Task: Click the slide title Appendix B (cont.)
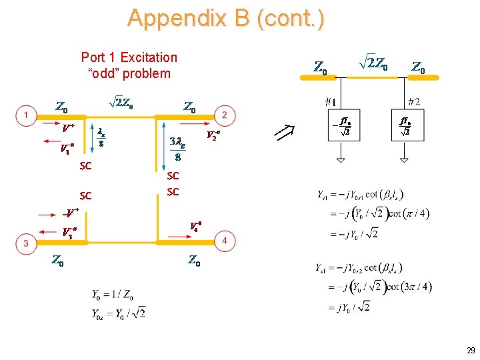(226, 18)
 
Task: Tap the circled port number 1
(25, 116)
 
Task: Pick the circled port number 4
(225, 241)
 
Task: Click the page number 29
(470, 351)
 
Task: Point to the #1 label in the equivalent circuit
(330, 102)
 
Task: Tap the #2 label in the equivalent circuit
(414, 102)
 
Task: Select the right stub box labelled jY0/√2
(405, 127)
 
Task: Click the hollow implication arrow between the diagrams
(286, 133)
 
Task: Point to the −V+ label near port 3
(70, 213)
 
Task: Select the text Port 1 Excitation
(129, 57)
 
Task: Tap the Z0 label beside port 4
(194, 261)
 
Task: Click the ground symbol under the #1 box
(341, 161)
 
